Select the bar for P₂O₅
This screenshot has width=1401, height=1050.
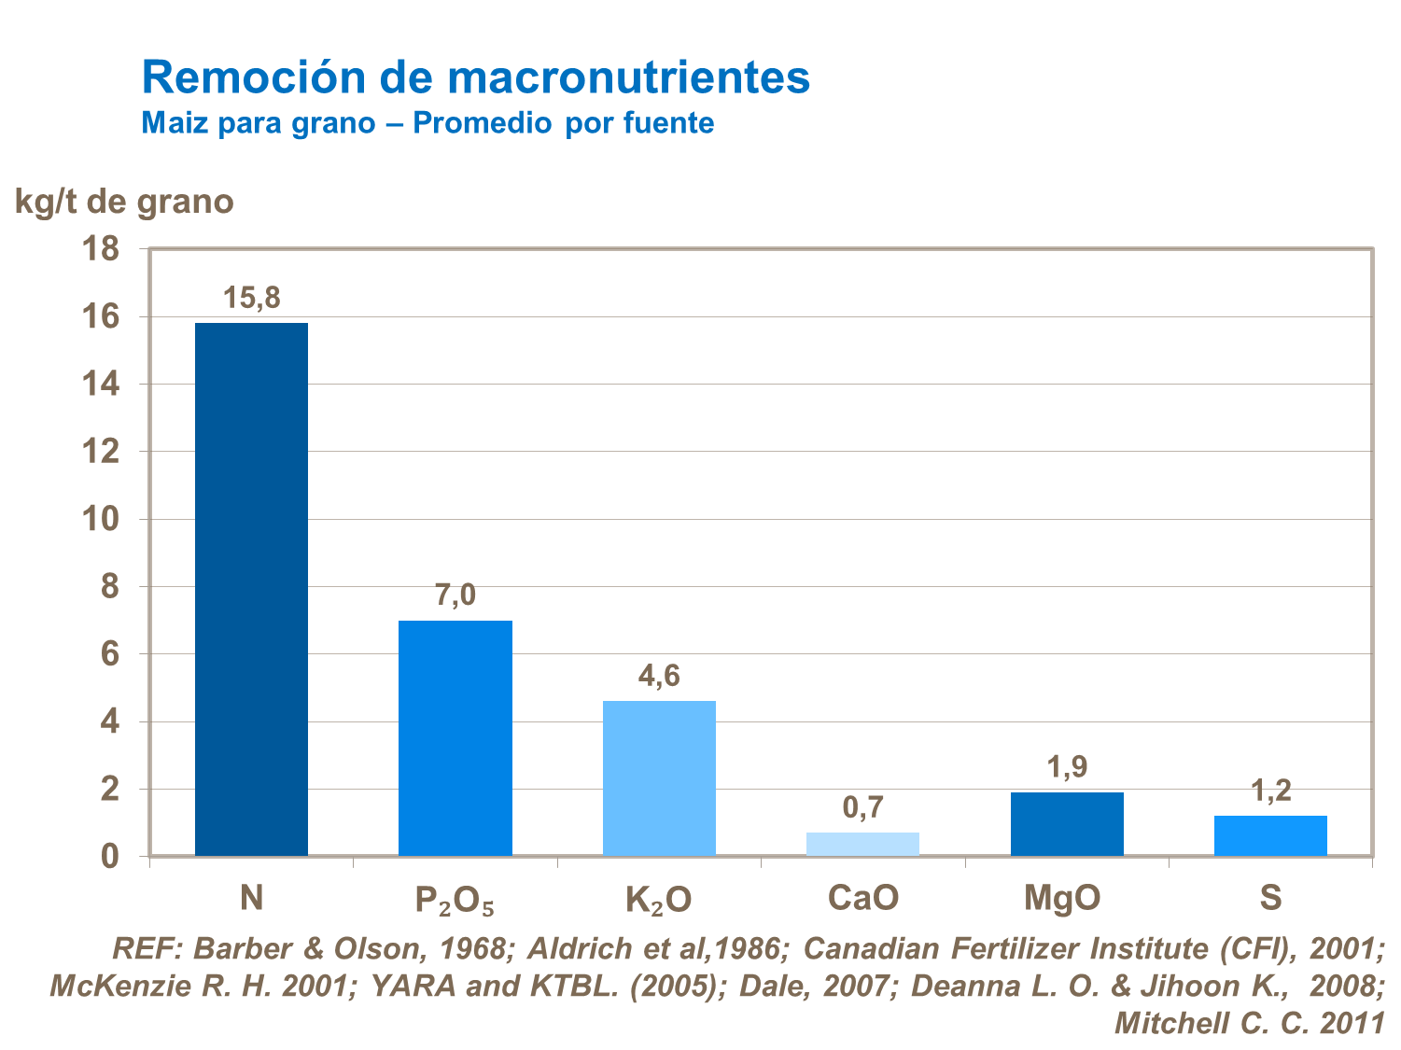click(455, 737)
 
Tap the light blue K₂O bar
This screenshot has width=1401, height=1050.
click(659, 777)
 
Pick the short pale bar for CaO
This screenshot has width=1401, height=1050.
click(862, 844)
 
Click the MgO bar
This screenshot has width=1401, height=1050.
click(1067, 823)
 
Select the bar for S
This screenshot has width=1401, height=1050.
click(1270, 835)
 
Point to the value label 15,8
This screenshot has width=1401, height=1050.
click(251, 299)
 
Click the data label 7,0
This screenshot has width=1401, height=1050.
click(455, 595)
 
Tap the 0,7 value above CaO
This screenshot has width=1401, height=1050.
click(862, 807)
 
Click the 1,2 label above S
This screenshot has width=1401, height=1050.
click(1270, 791)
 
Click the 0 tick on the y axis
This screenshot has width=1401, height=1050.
click(110, 857)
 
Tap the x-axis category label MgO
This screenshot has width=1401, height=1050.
click(1062, 898)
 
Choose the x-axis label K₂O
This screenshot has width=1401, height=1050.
click(658, 900)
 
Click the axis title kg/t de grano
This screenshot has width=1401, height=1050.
click(124, 202)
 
